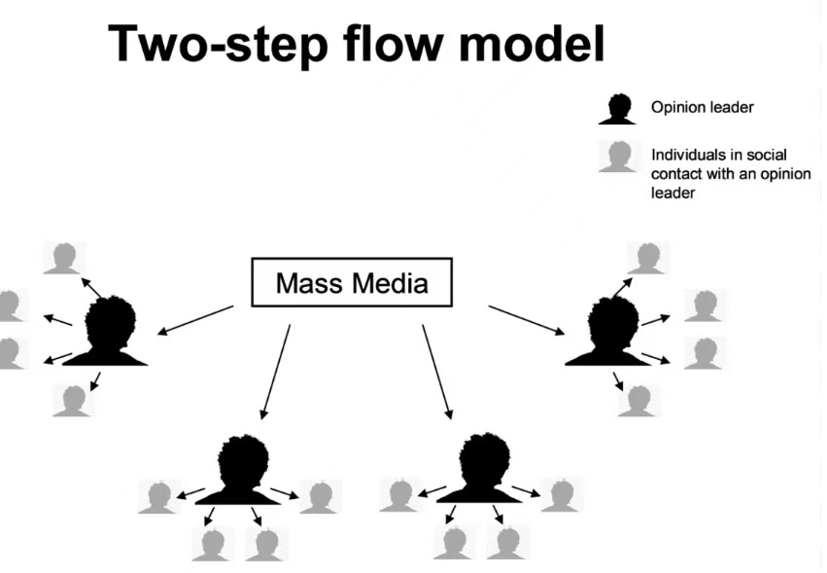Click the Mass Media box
(x=352, y=282)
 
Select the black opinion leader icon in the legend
(x=617, y=108)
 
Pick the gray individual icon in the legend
(x=617, y=157)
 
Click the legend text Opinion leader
(x=702, y=108)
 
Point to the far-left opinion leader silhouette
(x=113, y=331)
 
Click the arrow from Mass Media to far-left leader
(x=195, y=320)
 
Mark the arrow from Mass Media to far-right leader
(x=526, y=320)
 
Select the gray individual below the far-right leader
(x=638, y=400)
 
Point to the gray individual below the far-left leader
(x=72, y=400)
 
